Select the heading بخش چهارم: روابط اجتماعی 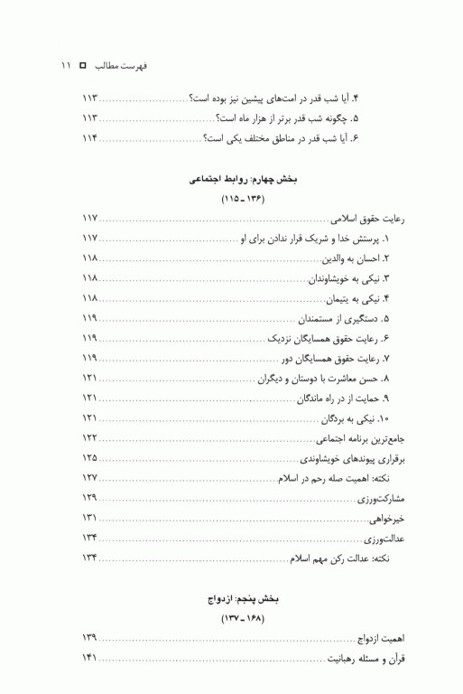pos(236,180)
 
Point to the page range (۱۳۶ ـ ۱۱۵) pos(236,199)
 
